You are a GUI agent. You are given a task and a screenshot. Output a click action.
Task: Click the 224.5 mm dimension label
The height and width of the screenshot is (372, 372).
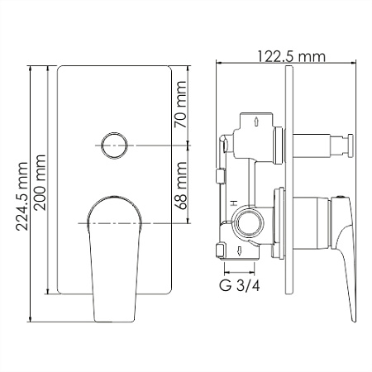(x=22, y=196)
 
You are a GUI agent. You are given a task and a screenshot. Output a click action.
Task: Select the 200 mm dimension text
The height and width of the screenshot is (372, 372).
(x=40, y=183)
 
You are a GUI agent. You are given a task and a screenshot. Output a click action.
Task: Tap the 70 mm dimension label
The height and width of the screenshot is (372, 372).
(x=181, y=104)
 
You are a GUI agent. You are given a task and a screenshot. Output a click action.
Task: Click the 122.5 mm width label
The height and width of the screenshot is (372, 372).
(x=291, y=56)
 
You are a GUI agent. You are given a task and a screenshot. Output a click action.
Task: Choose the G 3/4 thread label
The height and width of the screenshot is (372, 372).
(x=240, y=286)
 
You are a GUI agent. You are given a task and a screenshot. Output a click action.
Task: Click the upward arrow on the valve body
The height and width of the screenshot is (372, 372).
(x=256, y=122)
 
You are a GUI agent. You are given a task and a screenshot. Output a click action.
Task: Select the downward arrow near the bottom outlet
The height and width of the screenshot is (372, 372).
(x=239, y=250)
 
